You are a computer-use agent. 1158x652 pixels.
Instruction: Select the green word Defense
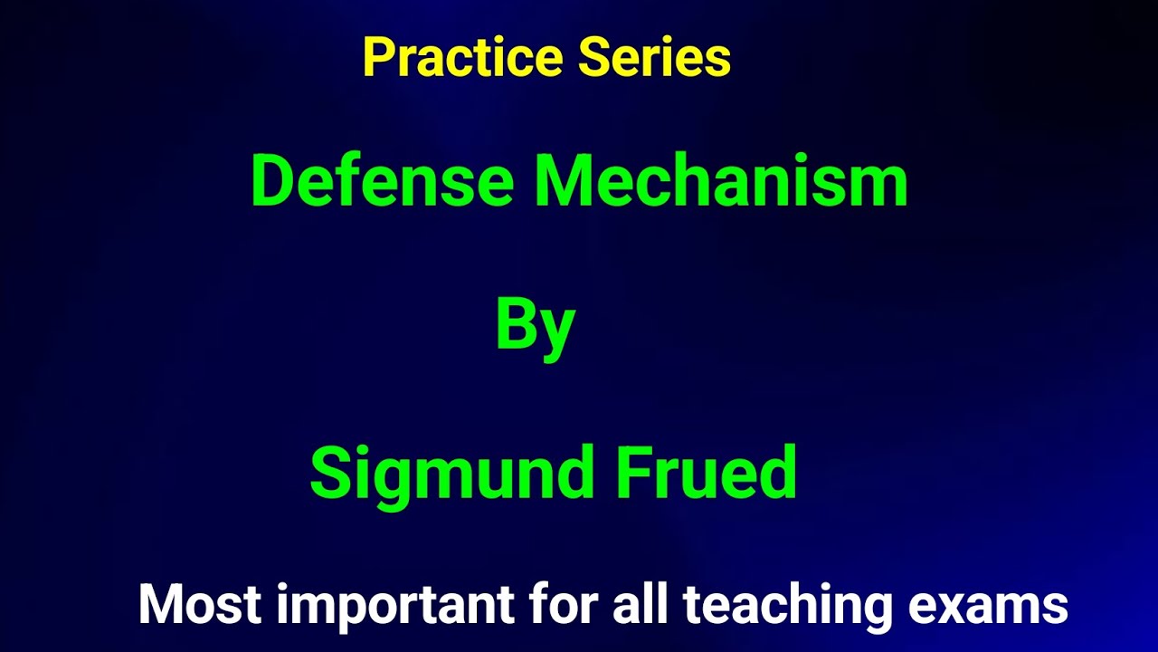[382, 180]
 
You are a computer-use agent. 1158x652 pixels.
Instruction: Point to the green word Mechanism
[721, 180]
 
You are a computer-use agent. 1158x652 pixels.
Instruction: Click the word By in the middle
[536, 326]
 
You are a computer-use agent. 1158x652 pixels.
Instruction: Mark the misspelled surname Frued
[707, 472]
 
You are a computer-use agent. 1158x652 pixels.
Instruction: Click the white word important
[396, 606]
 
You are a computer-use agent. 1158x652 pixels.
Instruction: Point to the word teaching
[787, 606]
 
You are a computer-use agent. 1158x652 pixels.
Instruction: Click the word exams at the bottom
[988, 604]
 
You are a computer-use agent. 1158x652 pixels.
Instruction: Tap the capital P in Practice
[378, 58]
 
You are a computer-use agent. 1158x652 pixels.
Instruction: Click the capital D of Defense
[273, 180]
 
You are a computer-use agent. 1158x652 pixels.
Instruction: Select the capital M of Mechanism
[566, 180]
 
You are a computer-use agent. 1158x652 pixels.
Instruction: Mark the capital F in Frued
[632, 472]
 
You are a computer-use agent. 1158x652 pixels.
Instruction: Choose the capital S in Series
[593, 58]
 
